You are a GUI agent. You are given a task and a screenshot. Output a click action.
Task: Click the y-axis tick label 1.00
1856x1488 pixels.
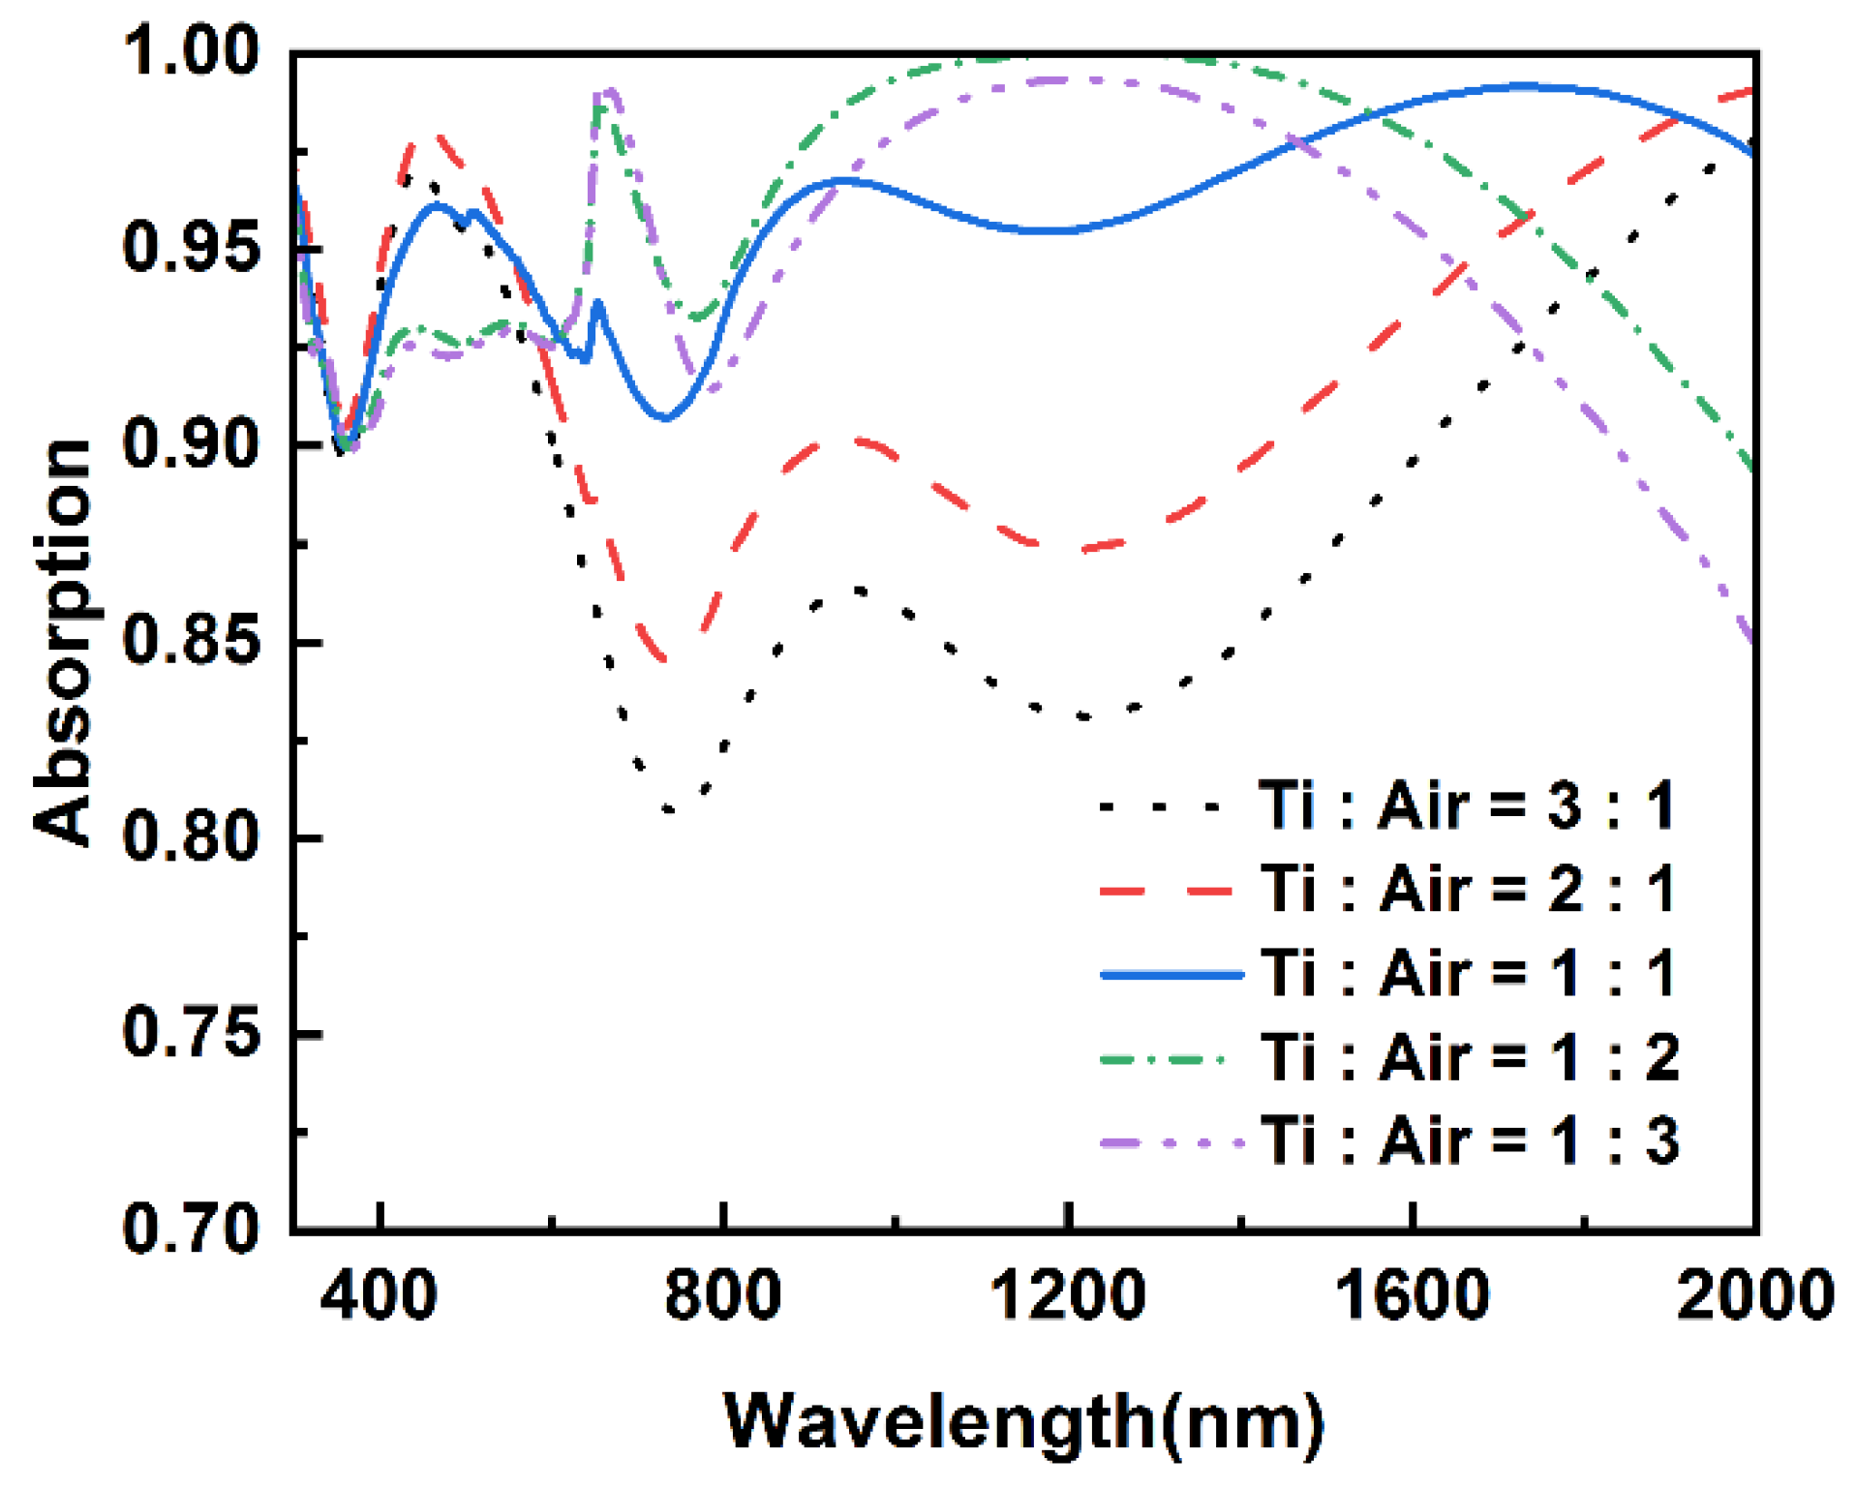click(192, 50)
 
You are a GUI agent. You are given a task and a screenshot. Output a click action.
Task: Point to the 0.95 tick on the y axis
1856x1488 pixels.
click(192, 247)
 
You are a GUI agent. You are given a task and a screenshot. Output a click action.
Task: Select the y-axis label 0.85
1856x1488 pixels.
click(192, 641)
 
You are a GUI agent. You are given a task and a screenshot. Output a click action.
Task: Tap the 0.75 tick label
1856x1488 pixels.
click(192, 1033)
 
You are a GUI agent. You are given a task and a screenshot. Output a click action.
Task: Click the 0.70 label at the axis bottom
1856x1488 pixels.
click(192, 1228)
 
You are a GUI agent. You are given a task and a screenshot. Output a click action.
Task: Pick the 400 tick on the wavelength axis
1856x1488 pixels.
click(379, 1295)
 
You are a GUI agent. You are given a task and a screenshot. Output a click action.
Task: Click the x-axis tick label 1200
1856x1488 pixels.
click(1068, 1295)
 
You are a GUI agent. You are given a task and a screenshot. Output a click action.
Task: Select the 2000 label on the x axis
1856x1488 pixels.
click(1754, 1295)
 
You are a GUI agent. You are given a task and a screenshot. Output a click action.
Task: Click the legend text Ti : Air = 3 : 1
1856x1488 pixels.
click(1467, 805)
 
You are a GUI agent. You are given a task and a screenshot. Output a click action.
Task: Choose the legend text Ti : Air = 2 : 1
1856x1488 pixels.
click(1467, 888)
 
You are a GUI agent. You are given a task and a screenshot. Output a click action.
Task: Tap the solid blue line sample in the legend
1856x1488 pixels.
click(1171, 974)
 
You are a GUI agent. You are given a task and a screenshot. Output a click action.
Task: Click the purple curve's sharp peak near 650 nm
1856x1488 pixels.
click(609, 92)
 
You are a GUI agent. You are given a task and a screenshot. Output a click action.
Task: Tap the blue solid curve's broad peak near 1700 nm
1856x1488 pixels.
click(1522, 87)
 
